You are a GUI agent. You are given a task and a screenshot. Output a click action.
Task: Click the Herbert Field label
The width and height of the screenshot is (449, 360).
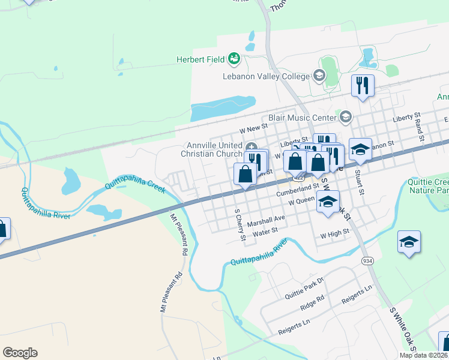click(200, 59)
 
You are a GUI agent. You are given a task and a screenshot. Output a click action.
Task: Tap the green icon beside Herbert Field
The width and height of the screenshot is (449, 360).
click(234, 58)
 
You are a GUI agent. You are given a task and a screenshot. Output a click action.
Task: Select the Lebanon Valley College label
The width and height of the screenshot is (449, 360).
click(266, 76)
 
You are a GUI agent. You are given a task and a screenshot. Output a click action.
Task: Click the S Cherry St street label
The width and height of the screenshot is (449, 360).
click(240, 225)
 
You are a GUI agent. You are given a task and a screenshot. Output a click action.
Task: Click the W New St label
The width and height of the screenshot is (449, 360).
click(252, 128)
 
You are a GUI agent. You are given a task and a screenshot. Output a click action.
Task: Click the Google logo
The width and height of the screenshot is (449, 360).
click(20, 353)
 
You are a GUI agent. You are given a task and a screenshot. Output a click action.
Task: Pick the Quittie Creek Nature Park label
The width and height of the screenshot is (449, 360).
click(429, 186)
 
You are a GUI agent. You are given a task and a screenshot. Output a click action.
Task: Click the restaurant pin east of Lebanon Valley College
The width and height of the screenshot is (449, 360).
click(363, 85)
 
